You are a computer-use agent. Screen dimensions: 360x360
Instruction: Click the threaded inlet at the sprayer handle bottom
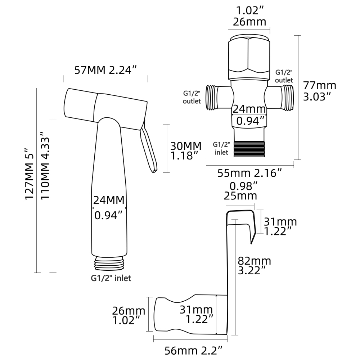109,262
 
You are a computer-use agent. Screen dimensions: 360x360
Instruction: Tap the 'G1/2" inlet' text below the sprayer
111,278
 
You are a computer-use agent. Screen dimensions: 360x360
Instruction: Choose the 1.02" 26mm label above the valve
249,16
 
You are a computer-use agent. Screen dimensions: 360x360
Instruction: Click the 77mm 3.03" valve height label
319,91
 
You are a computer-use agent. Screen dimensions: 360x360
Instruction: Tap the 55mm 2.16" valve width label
249,173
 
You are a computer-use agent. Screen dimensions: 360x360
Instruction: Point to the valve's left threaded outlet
212,97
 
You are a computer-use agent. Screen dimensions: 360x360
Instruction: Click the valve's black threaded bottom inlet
249,148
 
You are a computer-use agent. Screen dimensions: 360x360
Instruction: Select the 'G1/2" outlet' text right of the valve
284,76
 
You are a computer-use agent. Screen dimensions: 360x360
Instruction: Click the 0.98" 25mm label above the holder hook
240,191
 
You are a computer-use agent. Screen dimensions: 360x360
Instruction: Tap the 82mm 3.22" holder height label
254,265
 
